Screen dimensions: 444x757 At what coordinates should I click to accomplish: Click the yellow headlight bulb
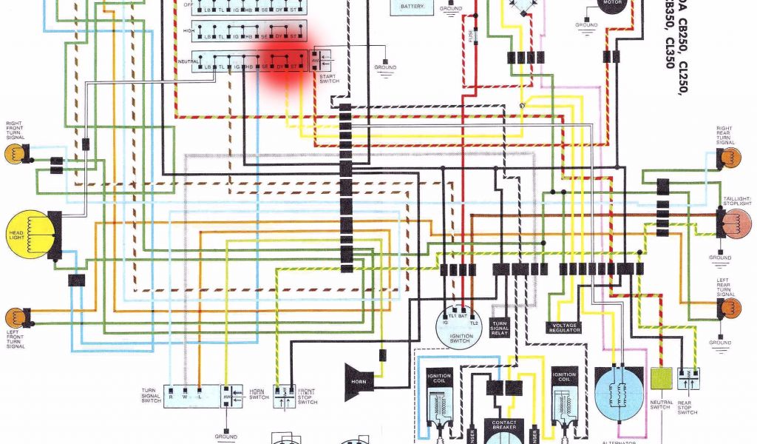click(28, 235)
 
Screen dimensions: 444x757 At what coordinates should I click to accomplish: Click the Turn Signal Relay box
click(500, 329)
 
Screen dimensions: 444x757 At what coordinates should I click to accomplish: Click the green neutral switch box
click(660, 378)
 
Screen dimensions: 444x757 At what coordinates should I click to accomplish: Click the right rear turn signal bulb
click(730, 158)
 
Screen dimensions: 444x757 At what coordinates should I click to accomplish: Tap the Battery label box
click(412, 7)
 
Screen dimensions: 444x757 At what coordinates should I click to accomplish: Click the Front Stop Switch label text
click(307, 397)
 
